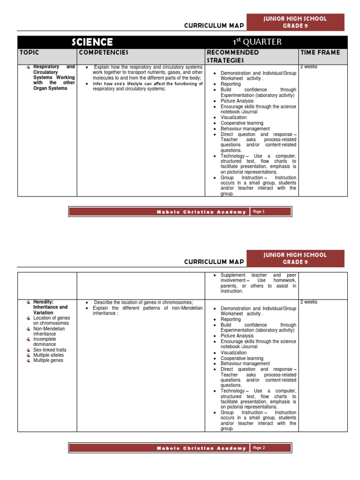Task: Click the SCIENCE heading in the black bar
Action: (92, 43)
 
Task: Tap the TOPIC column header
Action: (29, 52)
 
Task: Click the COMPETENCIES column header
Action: (104, 52)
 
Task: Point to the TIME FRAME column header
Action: (320, 52)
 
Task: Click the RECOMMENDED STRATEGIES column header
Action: (233, 56)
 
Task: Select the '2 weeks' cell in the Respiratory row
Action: (309, 67)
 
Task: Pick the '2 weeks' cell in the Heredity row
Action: (309, 302)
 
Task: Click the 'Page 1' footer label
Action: (259, 211)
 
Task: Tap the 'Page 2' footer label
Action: (259, 448)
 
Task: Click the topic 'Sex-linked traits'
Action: (50, 350)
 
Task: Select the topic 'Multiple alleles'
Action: (49, 355)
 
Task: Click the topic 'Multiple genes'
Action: (48, 360)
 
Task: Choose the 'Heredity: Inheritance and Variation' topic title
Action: (50, 307)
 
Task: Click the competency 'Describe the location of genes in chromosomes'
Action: (143, 302)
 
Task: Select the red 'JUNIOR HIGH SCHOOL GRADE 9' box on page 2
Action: (295, 258)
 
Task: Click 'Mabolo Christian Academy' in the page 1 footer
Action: (202, 212)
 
